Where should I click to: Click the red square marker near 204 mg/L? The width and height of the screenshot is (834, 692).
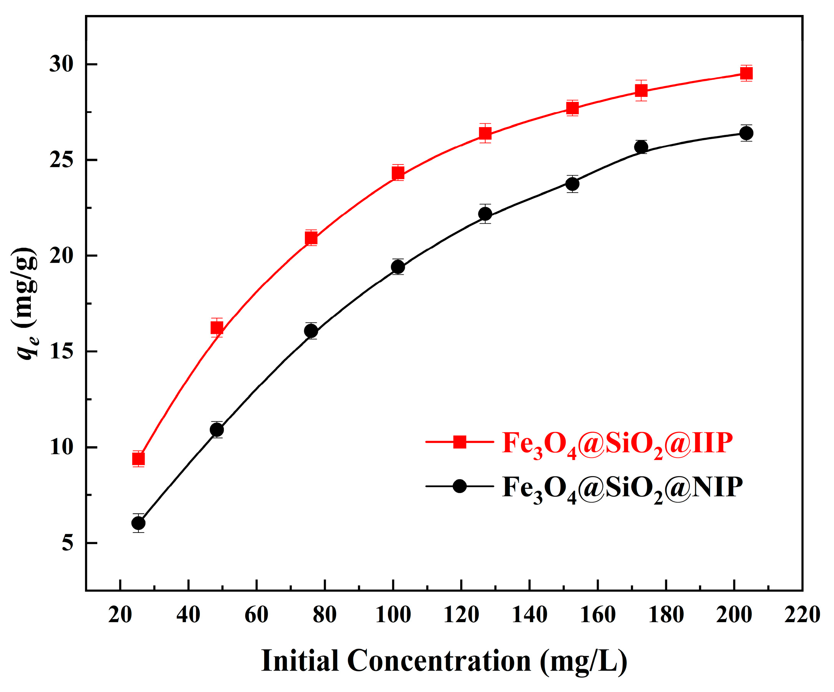click(x=746, y=73)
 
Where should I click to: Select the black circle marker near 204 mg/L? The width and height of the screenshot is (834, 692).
click(x=746, y=133)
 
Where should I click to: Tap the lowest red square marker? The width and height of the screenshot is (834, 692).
click(x=138, y=459)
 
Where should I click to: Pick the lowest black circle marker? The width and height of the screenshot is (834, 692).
click(x=138, y=523)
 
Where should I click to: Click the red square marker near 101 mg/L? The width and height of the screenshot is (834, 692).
click(x=398, y=173)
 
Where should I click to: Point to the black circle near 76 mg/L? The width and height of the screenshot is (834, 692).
click(x=311, y=330)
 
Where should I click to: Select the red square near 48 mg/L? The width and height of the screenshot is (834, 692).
click(x=217, y=327)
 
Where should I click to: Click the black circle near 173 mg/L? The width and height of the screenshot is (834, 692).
click(x=641, y=147)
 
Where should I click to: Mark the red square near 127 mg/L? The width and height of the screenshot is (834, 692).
click(x=485, y=133)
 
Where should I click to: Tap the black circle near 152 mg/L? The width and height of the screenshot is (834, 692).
click(x=572, y=184)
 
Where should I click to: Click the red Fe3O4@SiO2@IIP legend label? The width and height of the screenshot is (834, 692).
click(x=617, y=444)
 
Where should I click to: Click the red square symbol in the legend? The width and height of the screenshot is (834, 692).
click(x=459, y=441)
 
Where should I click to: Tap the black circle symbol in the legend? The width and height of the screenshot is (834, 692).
click(x=459, y=486)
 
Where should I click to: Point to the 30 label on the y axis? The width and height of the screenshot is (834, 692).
click(x=62, y=64)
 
